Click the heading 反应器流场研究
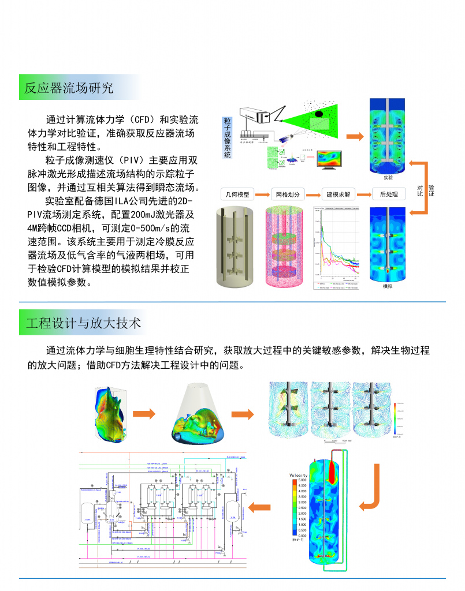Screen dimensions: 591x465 [x=69, y=88]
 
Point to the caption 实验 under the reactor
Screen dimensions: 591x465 [x=388, y=178]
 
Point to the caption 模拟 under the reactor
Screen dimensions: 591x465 [x=388, y=286]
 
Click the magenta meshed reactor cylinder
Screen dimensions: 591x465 [x=288, y=245]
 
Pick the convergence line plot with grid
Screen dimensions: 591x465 [x=336, y=245]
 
